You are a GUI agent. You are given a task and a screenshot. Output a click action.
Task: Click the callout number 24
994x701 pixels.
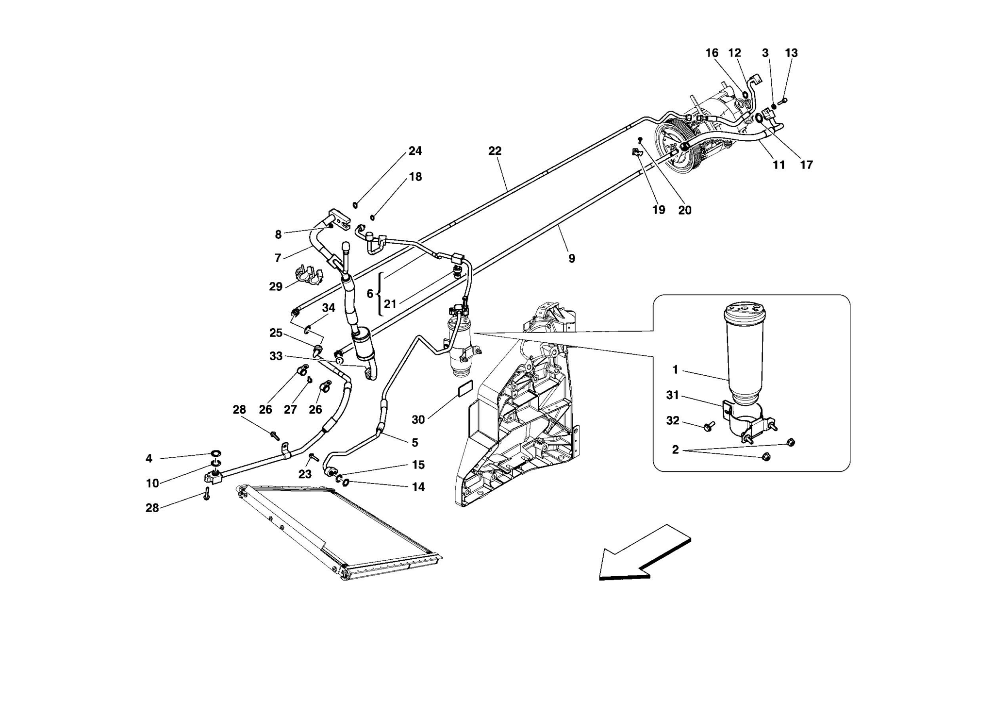coord(415,151)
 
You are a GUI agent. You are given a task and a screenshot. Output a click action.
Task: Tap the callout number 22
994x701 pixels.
coord(495,151)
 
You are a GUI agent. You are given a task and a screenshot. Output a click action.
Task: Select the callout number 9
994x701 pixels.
coord(572,258)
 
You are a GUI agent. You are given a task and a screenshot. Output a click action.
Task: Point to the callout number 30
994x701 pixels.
coord(418,419)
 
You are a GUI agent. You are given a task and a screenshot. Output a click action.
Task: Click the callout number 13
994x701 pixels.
coord(791,53)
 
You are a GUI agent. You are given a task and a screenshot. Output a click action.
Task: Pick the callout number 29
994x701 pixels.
coord(276,287)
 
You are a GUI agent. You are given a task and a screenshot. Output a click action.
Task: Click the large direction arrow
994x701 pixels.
coord(641,553)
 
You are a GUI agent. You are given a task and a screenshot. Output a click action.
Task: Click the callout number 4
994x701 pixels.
coord(149,458)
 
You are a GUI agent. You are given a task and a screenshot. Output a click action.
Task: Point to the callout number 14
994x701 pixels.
coord(418,486)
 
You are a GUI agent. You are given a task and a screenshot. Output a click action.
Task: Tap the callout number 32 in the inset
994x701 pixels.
coord(672,420)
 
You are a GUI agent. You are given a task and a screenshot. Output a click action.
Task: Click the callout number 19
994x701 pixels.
coord(658,210)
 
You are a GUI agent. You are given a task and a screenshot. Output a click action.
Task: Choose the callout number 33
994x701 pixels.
coord(276,356)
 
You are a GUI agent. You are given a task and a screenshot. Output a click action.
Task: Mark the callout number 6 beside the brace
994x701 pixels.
coord(370,294)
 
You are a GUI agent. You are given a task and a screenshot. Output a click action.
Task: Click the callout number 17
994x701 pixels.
coord(806,165)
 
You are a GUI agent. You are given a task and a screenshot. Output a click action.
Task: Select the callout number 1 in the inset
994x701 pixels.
coord(675,370)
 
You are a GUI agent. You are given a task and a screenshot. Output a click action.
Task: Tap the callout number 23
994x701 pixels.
coord(305,474)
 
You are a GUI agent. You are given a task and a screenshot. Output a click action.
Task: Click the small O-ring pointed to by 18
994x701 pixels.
coord(372,217)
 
